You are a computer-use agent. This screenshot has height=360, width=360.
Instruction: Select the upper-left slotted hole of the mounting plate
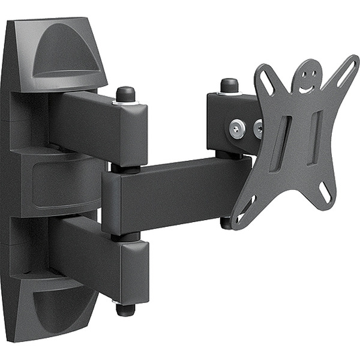click(264, 77)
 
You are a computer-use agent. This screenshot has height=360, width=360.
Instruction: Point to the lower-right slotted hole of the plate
click(326, 191)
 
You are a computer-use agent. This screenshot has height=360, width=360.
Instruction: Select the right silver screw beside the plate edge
click(258, 128)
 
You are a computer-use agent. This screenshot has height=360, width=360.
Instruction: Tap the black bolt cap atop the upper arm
click(125, 94)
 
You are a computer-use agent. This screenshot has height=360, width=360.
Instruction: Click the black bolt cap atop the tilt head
click(229, 85)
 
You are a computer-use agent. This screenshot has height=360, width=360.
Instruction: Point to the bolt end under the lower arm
click(125, 310)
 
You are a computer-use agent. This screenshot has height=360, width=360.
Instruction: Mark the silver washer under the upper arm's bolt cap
click(126, 103)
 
